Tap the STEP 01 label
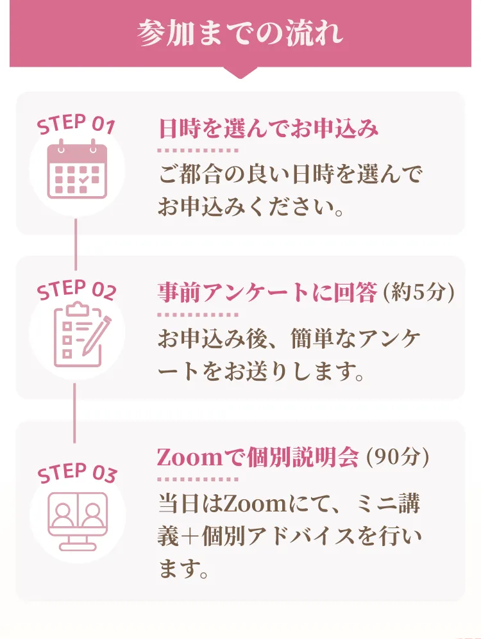76,124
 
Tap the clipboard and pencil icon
80,333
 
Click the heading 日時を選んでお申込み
268,129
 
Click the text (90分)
397,457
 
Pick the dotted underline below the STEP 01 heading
198,151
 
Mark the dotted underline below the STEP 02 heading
198,315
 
